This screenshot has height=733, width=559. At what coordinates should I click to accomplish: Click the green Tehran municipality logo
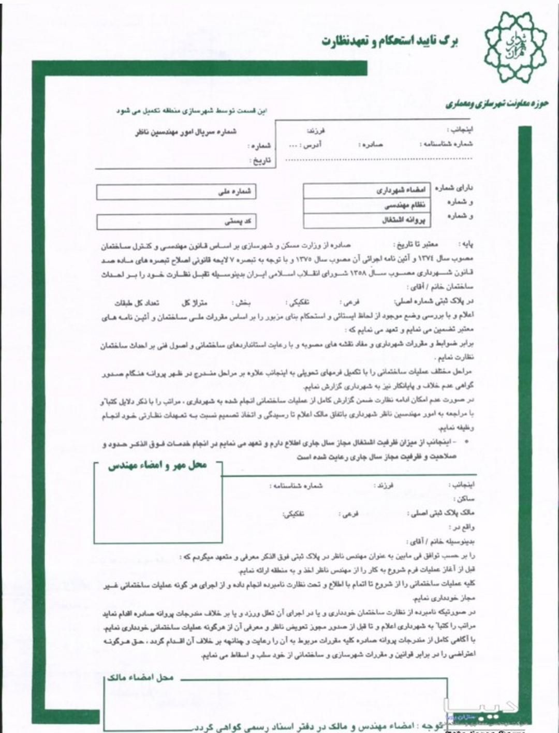point(515,48)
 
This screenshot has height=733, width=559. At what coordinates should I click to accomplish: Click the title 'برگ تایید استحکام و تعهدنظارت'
point(389,41)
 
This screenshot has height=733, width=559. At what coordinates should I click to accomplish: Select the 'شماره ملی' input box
point(176,192)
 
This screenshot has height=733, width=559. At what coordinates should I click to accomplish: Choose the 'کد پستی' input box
point(176,222)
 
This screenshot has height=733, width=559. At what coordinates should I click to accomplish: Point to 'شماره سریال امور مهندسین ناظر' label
point(185,132)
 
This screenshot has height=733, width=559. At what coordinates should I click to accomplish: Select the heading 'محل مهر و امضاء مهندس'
point(157,465)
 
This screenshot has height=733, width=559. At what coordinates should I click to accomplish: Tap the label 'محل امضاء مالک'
point(140,678)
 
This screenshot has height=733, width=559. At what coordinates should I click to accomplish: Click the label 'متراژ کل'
point(194,302)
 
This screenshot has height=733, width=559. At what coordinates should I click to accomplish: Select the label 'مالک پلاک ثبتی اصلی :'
point(440,514)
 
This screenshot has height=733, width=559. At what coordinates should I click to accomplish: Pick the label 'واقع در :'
point(462,527)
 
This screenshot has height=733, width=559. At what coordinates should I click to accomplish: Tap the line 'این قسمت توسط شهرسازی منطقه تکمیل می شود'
point(191,111)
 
